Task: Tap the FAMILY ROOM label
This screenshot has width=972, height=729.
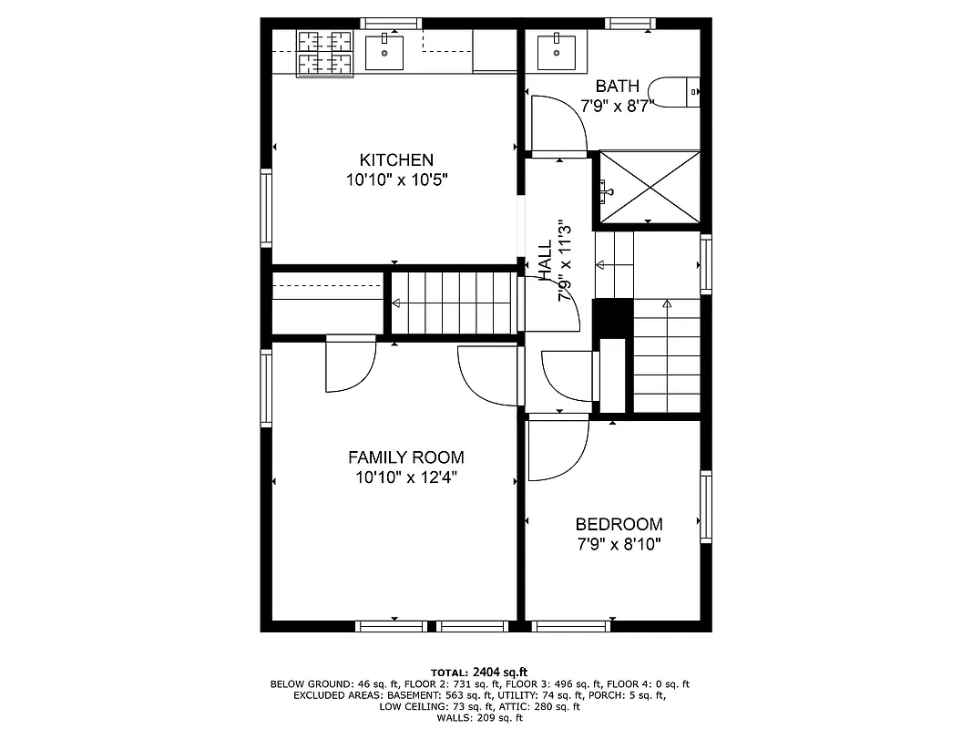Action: (x=405, y=457)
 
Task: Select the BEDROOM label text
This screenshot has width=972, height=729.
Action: (x=619, y=524)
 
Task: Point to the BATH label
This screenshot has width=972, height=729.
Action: (x=617, y=86)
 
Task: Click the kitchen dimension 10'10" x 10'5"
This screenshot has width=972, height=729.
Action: (x=396, y=180)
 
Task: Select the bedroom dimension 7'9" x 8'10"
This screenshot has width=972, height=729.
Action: (x=619, y=545)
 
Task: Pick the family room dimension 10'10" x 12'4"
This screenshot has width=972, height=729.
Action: (x=405, y=477)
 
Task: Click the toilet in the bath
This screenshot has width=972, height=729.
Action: (x=679, y=92)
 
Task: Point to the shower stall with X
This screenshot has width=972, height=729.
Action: (x=647, y=188)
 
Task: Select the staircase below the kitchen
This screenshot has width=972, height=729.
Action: (x=454, y=303)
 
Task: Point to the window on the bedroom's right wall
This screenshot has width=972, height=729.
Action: (x=706, y=507)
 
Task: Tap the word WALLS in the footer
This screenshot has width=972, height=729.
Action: (x=456, y=718)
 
